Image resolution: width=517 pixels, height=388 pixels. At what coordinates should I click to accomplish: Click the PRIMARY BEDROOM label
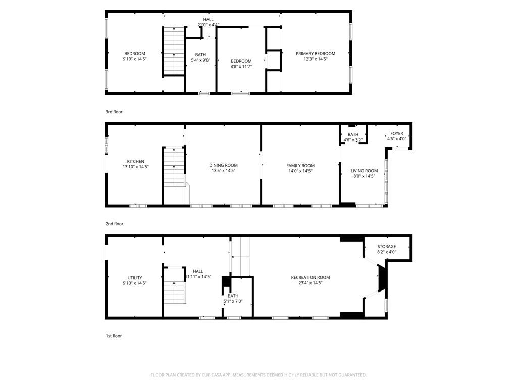coord(316,53)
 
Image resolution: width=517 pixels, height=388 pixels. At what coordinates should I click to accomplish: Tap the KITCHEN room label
coord(135,161)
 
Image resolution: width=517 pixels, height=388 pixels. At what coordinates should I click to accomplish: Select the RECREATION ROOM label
coord(310,277)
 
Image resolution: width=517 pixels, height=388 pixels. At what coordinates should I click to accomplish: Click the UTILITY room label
coord(134,277)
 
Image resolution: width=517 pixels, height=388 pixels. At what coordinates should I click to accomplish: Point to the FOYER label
coord(397,133)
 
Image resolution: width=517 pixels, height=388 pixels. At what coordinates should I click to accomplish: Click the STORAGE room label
coord(387,246)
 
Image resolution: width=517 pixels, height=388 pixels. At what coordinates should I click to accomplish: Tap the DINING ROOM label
coord(223,165)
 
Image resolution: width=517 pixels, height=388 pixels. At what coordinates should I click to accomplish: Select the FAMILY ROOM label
coord(300,165)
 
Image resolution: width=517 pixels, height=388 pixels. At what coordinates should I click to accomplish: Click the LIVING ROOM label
coord(364,171)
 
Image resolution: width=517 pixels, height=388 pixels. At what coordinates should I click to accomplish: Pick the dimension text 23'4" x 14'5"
coord(310,283)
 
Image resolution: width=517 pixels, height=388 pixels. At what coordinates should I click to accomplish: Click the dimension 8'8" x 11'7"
coord(241,66)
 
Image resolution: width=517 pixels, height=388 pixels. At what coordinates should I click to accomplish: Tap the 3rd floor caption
coord(114,112)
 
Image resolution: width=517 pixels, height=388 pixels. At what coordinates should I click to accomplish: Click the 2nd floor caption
coord(114,224)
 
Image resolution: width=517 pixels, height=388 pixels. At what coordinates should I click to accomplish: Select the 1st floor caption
coord(114,336)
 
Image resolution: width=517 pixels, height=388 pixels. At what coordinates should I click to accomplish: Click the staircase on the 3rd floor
coord(173,52)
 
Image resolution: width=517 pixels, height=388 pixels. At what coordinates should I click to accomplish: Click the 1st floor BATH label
coord(233,296)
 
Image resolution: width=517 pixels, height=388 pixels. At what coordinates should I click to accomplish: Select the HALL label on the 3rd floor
coord(208,19)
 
